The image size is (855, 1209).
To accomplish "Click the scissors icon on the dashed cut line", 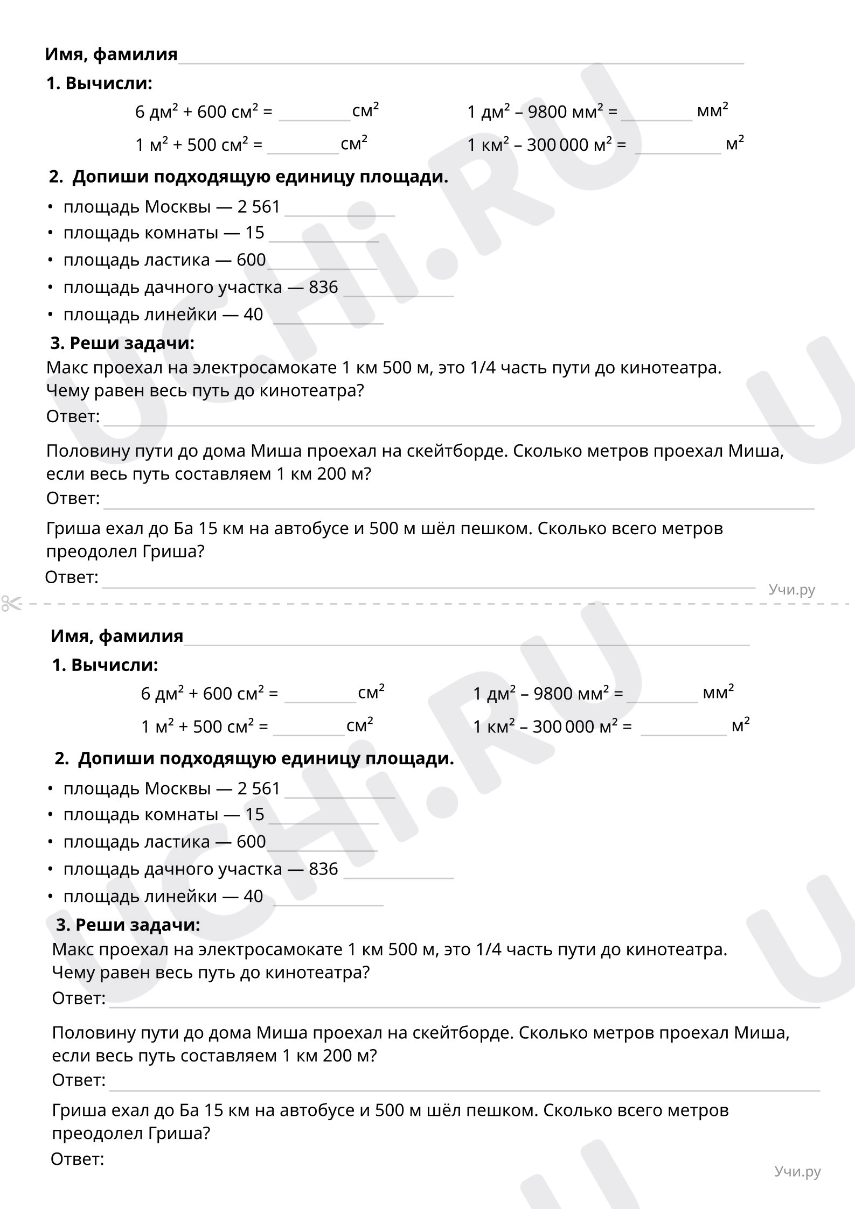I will pyautogui.click(x=11, y=603).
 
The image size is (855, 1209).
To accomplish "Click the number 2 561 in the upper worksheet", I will pyautogui.click(x=259, y=207).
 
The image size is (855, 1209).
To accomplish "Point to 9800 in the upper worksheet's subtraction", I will pyautogui.click(x=547, y=112).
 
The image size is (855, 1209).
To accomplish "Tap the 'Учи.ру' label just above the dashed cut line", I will pyautogui.click(x=791, y=590).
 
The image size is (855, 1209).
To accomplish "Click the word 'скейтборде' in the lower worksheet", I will pyautogui.click(x=462, y=1032).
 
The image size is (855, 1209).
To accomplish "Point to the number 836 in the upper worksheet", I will pyautogui.click(x=323, y=288).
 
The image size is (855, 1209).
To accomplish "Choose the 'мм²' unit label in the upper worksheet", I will pyautogui.click(x=712, y=110).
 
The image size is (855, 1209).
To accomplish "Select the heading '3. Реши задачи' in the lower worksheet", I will pyautogui.click(x=128, y=925).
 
